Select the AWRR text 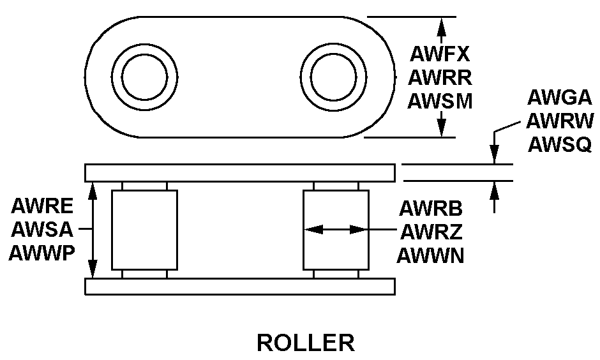pos(440,78)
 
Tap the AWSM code pos(440,100)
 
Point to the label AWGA pos(560,98)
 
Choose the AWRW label pos(560,121)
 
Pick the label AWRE pos(41,207)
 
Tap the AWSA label pos(41,229)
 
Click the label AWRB pos(431,208)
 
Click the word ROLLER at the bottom pos(305,343)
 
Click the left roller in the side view pos(144,230)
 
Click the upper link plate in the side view pos(239,172)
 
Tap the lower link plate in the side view pos(239,286)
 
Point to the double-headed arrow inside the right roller pos(336,229)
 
